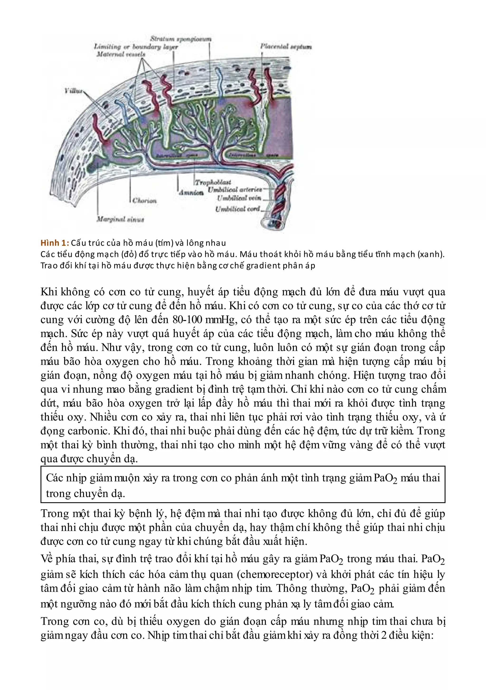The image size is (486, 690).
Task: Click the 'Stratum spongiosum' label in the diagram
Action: click(x=181, y=39)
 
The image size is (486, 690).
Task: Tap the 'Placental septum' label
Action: click(x=286, y=47)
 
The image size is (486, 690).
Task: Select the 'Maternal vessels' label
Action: click(x=121, y=54)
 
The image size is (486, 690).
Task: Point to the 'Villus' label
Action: click(x=73, y=91)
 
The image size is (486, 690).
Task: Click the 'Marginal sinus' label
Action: click(x=120, y=219)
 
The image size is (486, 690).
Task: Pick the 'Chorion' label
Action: click(x=145, y=201)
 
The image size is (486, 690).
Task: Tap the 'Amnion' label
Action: click(x=191, y=193)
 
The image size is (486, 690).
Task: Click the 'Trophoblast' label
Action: click(x=213, y=182)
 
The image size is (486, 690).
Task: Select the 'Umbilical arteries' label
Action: click(x=235, y=190)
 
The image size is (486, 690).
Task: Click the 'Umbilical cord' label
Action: click(x=237, y=209)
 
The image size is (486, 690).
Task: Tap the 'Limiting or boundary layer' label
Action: click(x=136, y=47)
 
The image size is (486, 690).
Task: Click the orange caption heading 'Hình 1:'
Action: click(x=55, y=243)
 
